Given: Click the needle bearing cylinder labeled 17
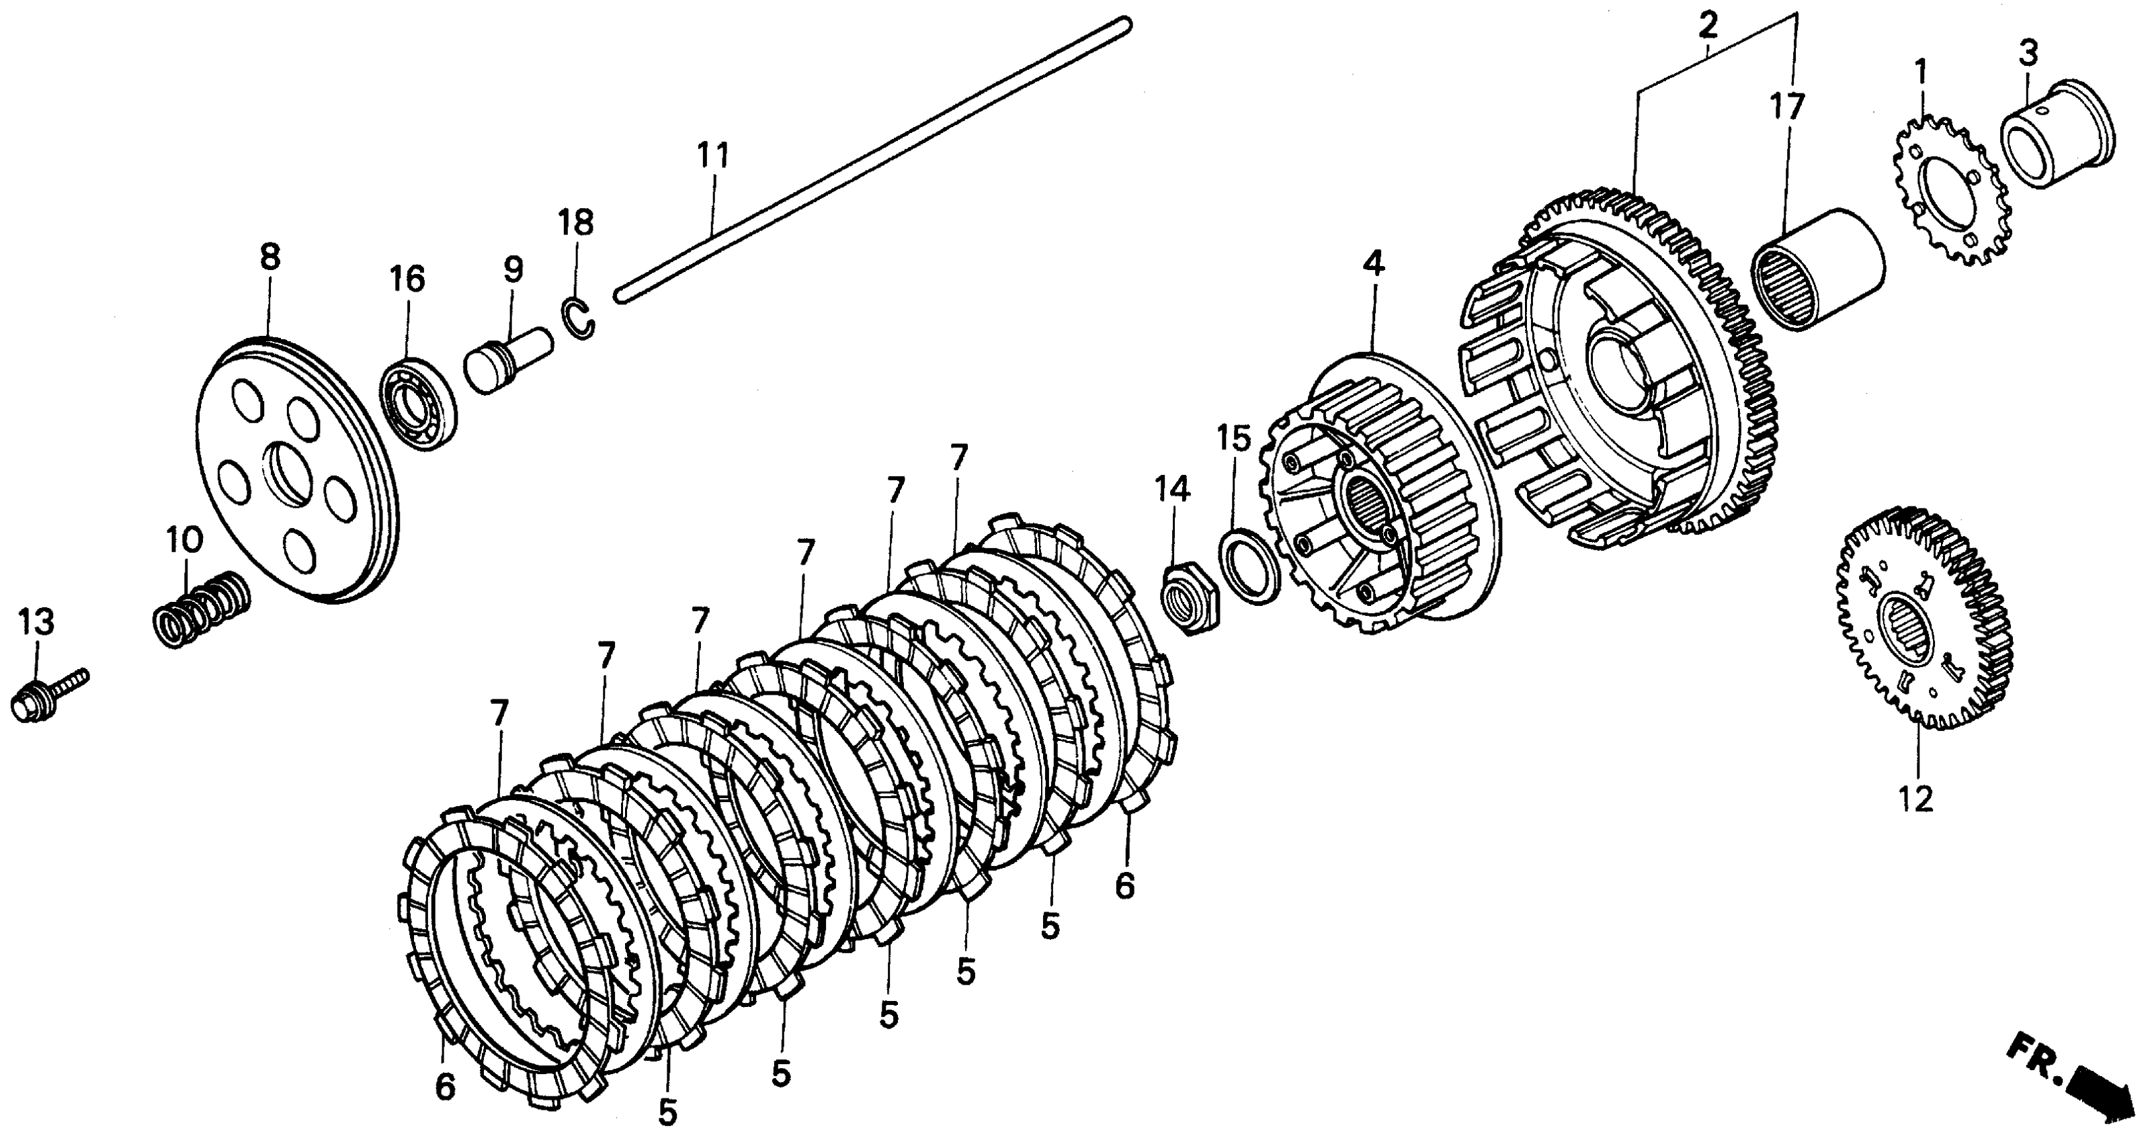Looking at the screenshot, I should pyautogui.click(x=1816, y=269).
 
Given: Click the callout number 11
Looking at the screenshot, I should pyautogui.click(x=714, y=156).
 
